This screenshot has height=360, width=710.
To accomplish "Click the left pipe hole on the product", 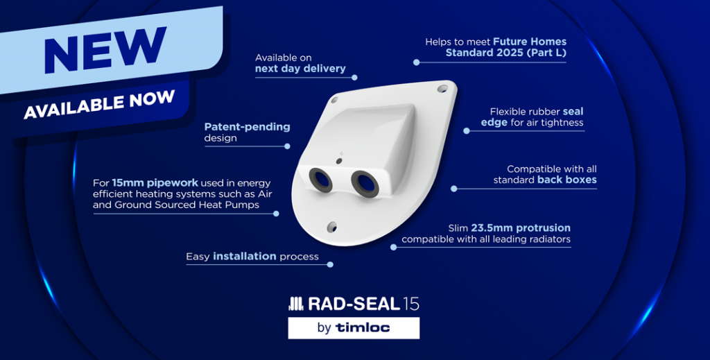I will pyautogui.click(x=320, y=179).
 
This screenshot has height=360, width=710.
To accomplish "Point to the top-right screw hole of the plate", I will pyautogui.click(x=442, y=89).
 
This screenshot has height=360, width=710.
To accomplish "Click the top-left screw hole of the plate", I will pyautogui.click(x=334, y=100).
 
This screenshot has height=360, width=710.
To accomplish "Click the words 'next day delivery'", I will pyautogui.click(x=299, y=69).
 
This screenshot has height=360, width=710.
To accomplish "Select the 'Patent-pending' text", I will pyautogui.click(x=247, y=127).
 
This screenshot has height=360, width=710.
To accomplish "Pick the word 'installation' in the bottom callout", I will pyautogui.click(x=244, y=257).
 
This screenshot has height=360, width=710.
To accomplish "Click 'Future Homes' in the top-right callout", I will pyautogui.click(x=528, y=42).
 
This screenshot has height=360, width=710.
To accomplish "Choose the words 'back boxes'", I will pyautogui.click(x=566, y=180).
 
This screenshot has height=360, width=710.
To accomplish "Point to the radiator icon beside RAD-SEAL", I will pyautogui.click(x=295, y=304).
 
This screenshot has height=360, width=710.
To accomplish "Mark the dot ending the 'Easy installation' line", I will pyautogui.click(x=331, y=264).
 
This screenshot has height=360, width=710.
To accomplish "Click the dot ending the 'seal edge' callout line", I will pyautogui.click(x=466, y=130).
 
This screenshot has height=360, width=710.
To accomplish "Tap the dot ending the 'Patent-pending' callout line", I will pyautogui.click(x=288, y=146).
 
